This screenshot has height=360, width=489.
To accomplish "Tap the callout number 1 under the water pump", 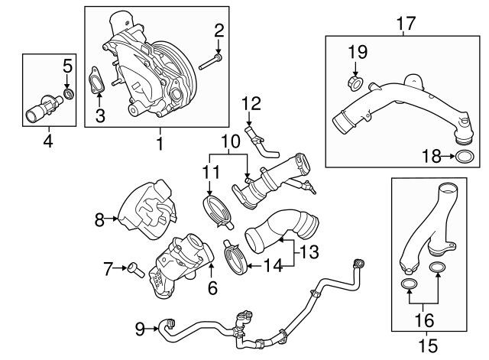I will pos(160,142).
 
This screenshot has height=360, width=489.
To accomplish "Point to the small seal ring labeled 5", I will pos(68,94).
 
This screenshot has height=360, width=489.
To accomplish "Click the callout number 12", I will pos(251,103).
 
